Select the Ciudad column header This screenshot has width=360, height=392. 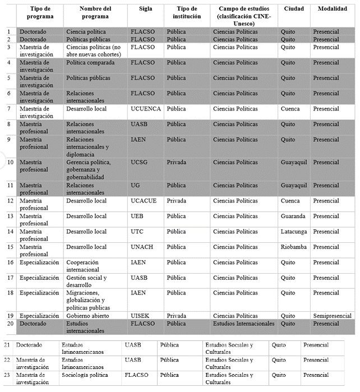294,10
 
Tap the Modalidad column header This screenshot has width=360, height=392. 333,10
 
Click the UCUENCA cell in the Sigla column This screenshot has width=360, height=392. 146,109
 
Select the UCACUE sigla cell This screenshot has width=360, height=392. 144,201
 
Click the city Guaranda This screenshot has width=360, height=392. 293,216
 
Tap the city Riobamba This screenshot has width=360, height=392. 294,247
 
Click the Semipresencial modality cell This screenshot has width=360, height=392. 333,316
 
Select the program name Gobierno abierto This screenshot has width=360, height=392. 88,316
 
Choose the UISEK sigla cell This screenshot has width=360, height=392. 140,316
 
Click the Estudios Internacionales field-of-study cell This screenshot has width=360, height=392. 244,323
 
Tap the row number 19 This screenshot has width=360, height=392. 10,316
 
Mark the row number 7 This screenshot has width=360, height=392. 10,109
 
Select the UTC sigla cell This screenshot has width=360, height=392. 138,232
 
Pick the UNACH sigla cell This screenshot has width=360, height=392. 142,247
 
